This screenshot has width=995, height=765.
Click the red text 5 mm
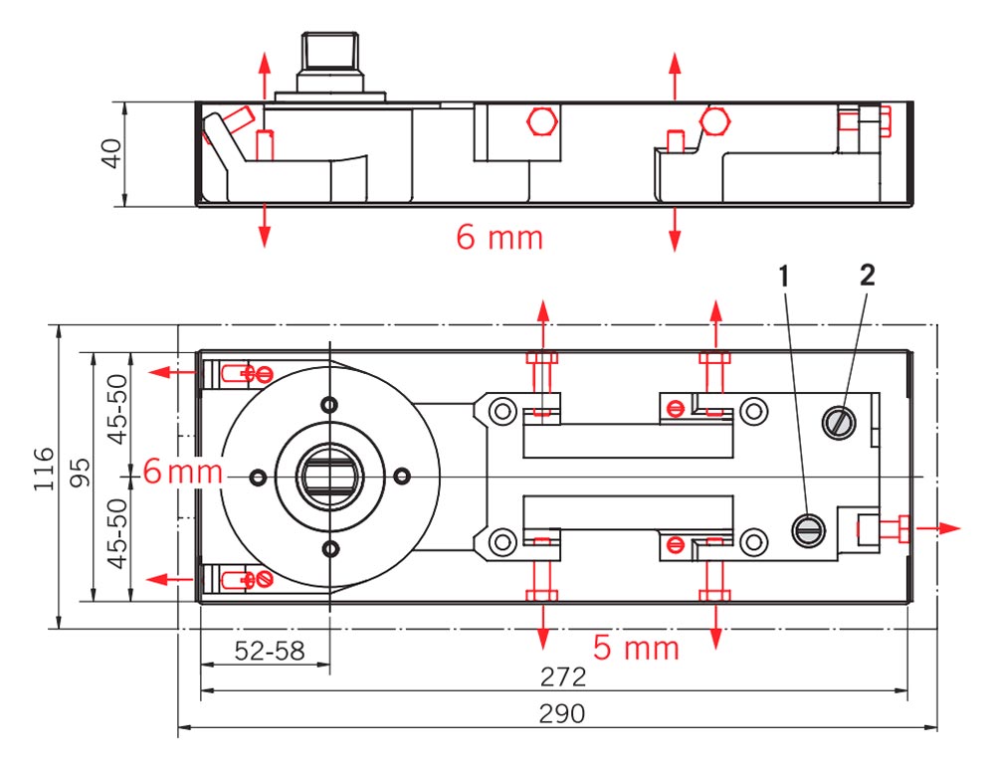pyautogui.click(x=636, y=649)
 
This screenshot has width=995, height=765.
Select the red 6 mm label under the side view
pyautogui.click(x=499, y=238)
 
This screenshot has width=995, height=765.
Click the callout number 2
pyautogui.click(x=867, y=277)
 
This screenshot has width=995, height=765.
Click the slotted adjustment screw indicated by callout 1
pyautogui.click(x=808, y=531)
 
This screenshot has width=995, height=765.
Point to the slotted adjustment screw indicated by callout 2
pyautogui.click(x=838, y=423)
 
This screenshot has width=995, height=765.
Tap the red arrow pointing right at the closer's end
pyautogui.click(x=940, y=527)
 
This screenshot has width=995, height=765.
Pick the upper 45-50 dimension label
pyautogui.click(x=118, y=411)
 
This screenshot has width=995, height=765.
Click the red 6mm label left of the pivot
pyautogui.click(x=182, y=471)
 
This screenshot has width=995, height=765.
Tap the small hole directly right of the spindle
pyautogui.click(x=402, y=477)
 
